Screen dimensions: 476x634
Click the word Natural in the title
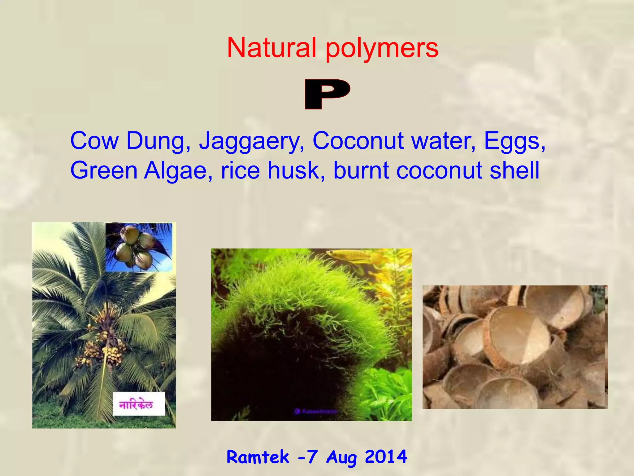pyautogui.click(x=271, y=48)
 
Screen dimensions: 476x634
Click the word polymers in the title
pyautogui.click(x=382, y=49)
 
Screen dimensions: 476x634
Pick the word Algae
pyautogui.click(x=178, y=170)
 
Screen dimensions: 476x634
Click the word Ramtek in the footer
pyautogui.click(x=258, y=457)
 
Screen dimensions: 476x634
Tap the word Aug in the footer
pyautogui.click(x=341, y=457)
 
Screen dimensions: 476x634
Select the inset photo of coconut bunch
pyautogui.click(x=139, y=247)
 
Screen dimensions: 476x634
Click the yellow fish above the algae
pyautogui.click(x=350, y=256)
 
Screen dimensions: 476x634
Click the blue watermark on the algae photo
pyautogui.click(x=316, y=411)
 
